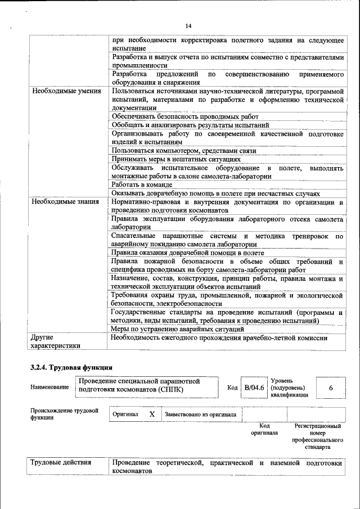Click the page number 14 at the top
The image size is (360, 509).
188,26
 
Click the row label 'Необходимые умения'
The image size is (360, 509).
66,91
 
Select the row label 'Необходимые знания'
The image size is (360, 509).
66,201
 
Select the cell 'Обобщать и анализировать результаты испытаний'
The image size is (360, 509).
190,125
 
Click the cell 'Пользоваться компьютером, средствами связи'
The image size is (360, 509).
183,151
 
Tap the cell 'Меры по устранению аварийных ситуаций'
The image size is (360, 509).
177,328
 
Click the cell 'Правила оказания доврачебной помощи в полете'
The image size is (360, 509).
184,253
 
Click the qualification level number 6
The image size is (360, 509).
331,388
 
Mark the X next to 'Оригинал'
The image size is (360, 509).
152,414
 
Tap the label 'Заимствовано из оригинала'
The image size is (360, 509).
200,415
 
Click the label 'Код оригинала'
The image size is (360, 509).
264,430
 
